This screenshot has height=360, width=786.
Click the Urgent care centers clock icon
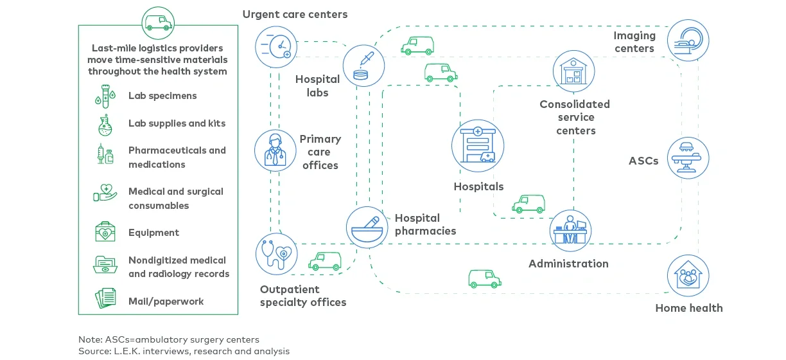[276, 46]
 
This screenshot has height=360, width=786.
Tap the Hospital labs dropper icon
[363, 66]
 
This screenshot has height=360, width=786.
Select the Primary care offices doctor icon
[275, 151]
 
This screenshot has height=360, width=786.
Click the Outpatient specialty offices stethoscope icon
[277, 254]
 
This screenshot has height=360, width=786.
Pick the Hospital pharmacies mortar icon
[367, 227]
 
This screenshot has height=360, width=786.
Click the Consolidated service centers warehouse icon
[573, 71]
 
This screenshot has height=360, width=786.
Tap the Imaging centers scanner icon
[688, 40]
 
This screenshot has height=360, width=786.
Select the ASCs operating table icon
[688, 157]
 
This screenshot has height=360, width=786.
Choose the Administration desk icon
[570, 231]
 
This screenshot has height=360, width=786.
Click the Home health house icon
[688, 276]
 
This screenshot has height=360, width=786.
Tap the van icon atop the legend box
[158, 24]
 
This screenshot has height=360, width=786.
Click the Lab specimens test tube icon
[106, 96]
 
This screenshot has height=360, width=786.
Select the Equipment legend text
[153, 233]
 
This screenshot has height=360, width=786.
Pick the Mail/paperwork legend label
[166, 301]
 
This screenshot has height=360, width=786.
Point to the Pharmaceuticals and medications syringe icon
[106, 155]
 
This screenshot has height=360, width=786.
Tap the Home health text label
[688, 308]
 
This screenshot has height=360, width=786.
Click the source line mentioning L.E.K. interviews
[184, 351]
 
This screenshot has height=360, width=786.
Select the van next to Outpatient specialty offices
[325, 260]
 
